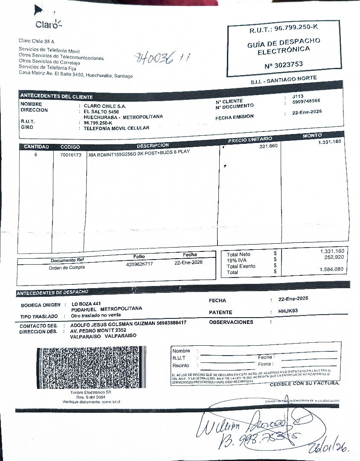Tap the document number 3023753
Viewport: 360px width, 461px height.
[284, 64]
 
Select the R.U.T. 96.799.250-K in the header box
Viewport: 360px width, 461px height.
[284, 28]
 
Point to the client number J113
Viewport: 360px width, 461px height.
[298, 96]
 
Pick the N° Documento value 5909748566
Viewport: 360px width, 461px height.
[306, 101]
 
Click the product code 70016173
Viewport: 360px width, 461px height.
[70, 155]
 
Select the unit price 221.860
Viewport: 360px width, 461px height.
[268, 146]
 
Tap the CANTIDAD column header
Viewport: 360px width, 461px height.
[36, 147]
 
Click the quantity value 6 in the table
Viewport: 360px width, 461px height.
[36, 155]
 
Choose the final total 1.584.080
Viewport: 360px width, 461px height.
[331, 269]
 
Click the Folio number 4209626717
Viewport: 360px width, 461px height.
[139, 264]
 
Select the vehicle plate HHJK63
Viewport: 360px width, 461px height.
[288, 311]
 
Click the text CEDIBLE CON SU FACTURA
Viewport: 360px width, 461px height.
[305, 383]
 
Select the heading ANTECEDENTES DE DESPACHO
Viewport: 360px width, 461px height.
[52, 292]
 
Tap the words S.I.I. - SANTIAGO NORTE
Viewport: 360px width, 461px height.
[284, 79]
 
